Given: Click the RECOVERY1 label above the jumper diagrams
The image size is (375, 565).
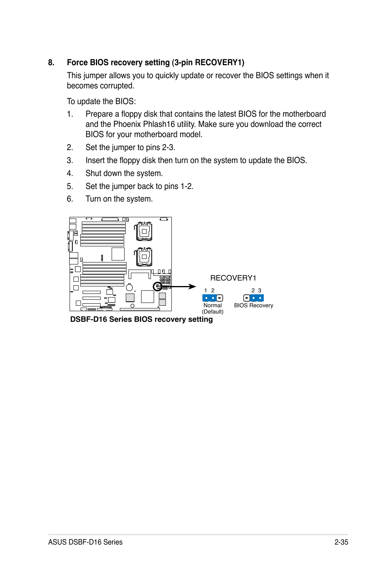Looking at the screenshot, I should (233, 278).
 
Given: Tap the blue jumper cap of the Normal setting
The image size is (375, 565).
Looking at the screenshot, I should (210, 298).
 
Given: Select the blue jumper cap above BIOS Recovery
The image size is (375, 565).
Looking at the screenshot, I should (257, 298).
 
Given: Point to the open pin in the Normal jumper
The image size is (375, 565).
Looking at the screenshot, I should (220, 298).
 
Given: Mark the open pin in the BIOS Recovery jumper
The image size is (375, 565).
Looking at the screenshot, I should (246, 298).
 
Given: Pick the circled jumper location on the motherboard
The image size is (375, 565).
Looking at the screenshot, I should (157, 286).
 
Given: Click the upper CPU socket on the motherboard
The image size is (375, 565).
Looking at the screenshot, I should (144, 231).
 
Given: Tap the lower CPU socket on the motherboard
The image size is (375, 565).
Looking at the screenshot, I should (144, 257).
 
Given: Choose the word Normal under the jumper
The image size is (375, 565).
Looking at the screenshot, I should (212, 305).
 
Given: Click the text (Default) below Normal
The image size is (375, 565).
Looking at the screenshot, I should (212, 312).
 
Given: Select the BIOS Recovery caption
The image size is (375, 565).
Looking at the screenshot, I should (254, 305).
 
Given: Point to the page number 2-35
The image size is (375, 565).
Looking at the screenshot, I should (341, 542).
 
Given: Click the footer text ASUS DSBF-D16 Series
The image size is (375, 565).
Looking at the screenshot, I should (85, 542).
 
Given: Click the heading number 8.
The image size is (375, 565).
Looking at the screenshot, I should (51, 62).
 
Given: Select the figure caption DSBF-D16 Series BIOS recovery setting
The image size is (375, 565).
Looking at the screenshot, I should (141, 319).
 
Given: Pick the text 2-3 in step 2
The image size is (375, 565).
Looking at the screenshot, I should (168, 147).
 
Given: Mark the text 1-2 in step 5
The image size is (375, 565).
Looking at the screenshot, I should (186, 186).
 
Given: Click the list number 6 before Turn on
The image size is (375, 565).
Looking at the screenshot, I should (70, 199).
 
